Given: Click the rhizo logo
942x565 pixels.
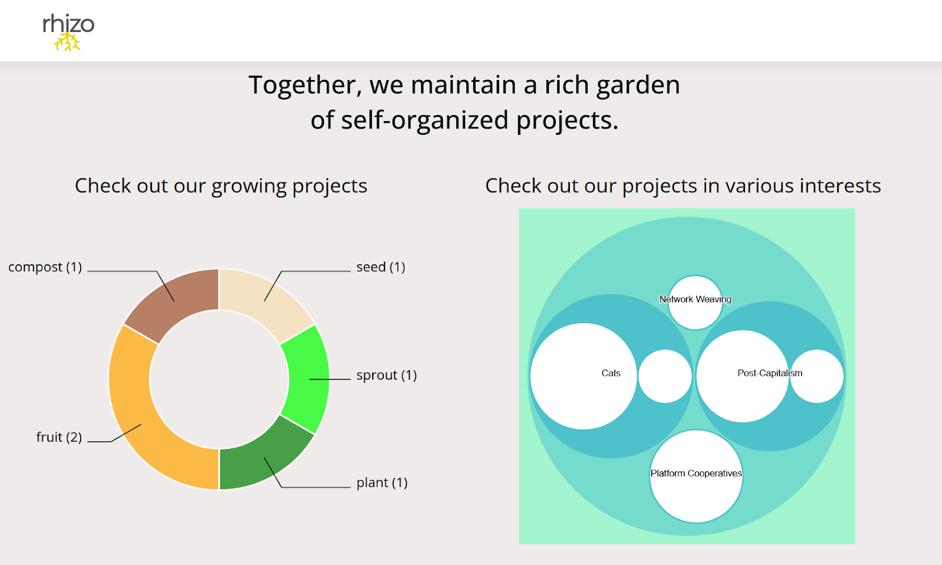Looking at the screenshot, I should (68, 33).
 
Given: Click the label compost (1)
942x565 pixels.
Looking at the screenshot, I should (45, 267).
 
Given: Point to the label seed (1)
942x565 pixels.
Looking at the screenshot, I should (380, 267).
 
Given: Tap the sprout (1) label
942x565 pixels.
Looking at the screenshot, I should (386, 375).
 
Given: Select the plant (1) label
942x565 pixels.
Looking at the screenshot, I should (382, 483).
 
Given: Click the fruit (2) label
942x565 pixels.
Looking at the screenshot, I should (59, 437).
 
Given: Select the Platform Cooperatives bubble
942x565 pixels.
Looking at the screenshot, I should (696, 488).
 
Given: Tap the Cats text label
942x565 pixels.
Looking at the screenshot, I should (611, 373).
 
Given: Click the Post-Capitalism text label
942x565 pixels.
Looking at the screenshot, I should (769, 373).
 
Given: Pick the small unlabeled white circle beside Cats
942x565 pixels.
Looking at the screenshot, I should (665, 376).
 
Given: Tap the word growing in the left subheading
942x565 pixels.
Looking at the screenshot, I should (248, 187).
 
